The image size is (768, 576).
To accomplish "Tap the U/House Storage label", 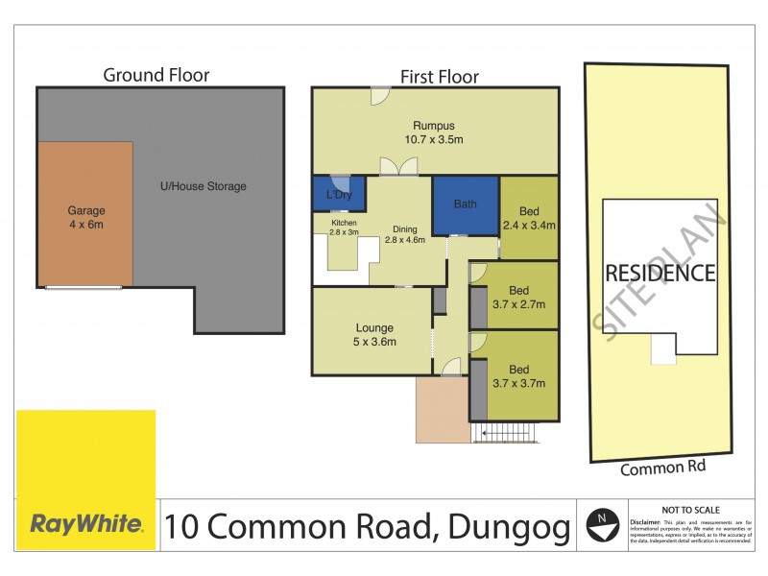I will click(202, 186).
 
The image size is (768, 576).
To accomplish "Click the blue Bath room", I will click(465, 204).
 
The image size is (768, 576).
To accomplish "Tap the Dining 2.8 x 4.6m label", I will click(404, 235).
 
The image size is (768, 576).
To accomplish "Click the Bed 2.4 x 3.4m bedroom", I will click(529, 218).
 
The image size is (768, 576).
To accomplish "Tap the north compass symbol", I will click(601, 524).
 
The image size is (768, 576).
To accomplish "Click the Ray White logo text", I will click(86, 524).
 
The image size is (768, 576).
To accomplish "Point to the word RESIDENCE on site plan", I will click(660, 273).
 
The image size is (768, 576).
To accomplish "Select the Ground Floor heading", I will click(156, 75).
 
